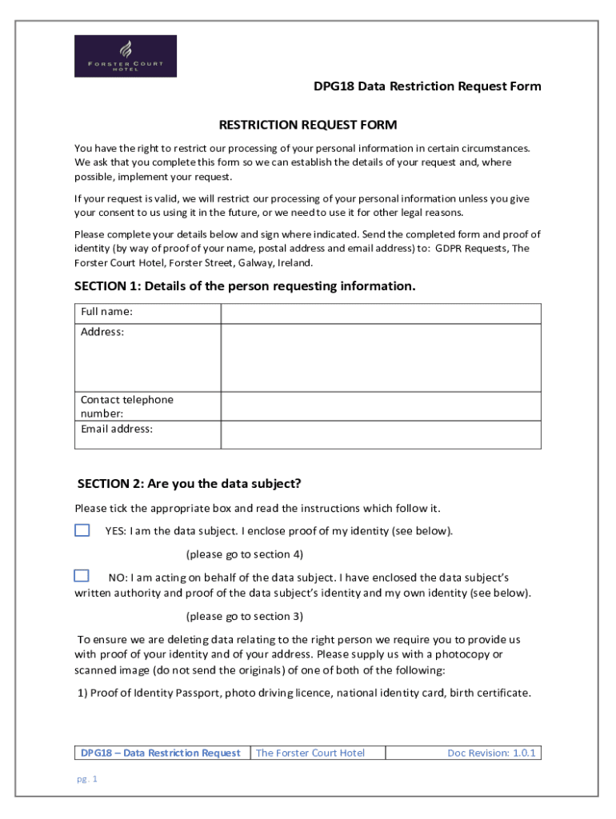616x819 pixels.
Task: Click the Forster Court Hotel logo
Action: coord(126,56)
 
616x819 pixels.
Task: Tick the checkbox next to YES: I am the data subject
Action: coord(82,530)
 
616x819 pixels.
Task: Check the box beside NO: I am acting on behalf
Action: coord(82,576)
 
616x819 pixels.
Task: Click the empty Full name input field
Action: coord(381,314)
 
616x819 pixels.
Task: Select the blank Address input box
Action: coord(381,358)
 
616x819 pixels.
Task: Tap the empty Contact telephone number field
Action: coord(381,406)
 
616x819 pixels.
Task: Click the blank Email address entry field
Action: coord(381,435)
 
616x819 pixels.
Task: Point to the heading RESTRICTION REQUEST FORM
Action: coord(308,125)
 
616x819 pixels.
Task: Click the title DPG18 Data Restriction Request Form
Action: coord(427,86)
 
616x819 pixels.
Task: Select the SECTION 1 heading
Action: coord(245,286)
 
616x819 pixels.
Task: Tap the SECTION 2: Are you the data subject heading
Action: coord(189,484)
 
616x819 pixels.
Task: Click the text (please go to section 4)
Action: coord(245,554)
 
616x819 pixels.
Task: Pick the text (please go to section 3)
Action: coord(245,617)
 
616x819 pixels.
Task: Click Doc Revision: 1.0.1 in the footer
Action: coord(492,753)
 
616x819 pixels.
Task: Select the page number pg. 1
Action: coord(86,779)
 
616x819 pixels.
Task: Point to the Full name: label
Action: coord(107,312)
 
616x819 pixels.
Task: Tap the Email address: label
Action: coord(117,429)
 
